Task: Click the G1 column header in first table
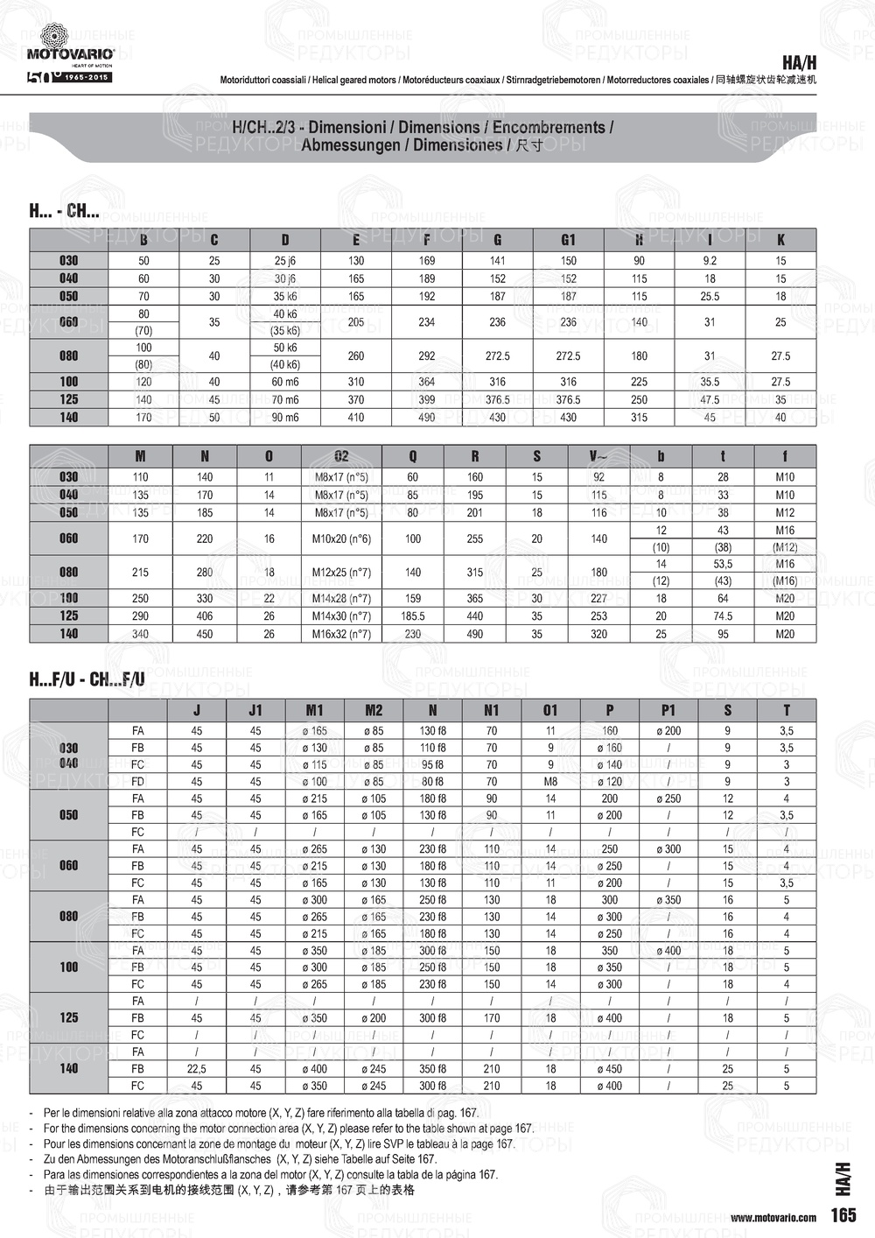click(568, 240)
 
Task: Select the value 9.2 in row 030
click(710, 261)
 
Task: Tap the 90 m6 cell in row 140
click(285, 418)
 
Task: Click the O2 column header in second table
click(341, 456)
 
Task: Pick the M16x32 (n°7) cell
click(341, 634)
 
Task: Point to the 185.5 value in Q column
click(412, 616)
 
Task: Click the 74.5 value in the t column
click(723, 616)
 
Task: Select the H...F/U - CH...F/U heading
click(87, 679)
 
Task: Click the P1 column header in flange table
click(668, 710)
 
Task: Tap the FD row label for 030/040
click(137, 781)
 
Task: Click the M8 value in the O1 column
click(550, 781)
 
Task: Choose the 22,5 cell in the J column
click(197, 1069)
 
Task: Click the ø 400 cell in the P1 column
click(668, 951)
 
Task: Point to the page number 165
click(843, 1215)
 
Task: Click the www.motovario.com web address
click(773, 1217)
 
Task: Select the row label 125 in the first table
click(69, 399)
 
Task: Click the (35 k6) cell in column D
click(285, 331)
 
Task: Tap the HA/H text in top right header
click(799, 63)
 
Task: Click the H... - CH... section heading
click(64, 211)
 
